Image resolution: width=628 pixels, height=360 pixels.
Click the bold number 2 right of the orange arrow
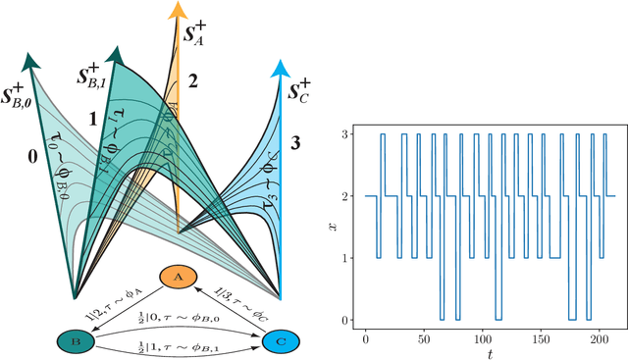pyautogui.click(x=192, y=81)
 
